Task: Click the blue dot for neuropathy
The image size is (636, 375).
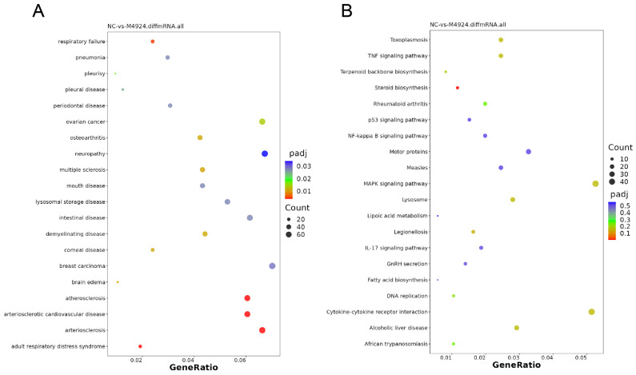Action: [x=265, y=154]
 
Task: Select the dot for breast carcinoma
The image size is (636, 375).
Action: [x=273, y=265]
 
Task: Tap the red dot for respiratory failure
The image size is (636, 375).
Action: [x=153, y=42]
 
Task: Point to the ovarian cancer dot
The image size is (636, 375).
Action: [x=262, y=122]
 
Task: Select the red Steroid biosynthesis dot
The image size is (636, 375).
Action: [x=458, y=88]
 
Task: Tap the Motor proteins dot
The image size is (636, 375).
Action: [x=528, y=152]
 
